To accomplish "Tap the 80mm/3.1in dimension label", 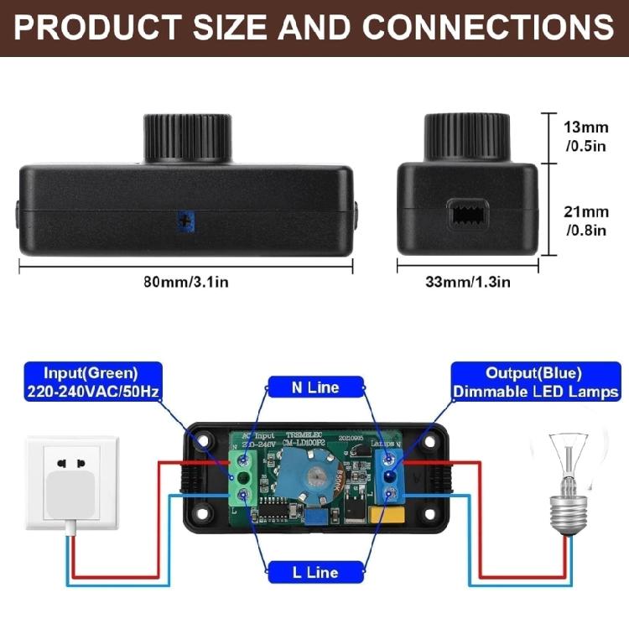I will point(185,282).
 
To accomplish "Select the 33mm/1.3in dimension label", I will point(467,282).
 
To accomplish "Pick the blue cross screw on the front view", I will point(183,221).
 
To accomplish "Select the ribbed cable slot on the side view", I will point(467,215).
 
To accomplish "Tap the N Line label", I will point(314,387).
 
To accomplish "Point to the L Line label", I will point(314,573).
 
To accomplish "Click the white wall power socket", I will point(73,481).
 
